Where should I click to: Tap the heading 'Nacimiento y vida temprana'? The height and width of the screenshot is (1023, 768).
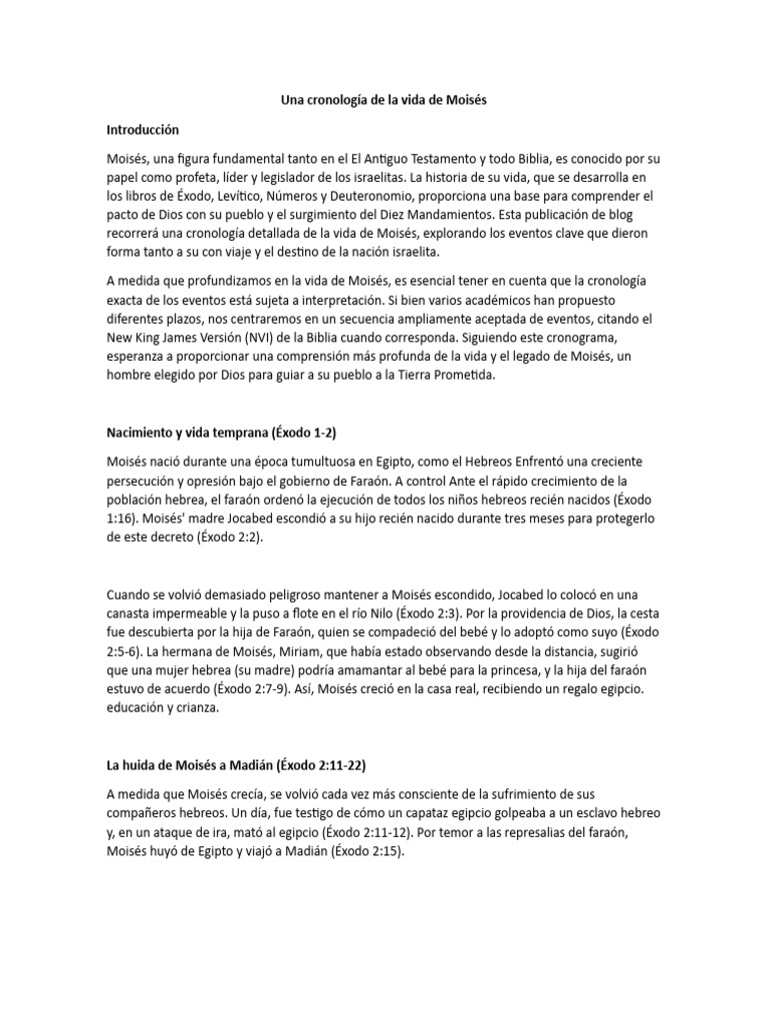click(227, 433)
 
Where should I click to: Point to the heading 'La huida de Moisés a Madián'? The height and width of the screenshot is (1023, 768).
click(236, 765)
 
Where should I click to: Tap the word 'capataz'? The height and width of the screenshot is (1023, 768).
click(395, 813)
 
